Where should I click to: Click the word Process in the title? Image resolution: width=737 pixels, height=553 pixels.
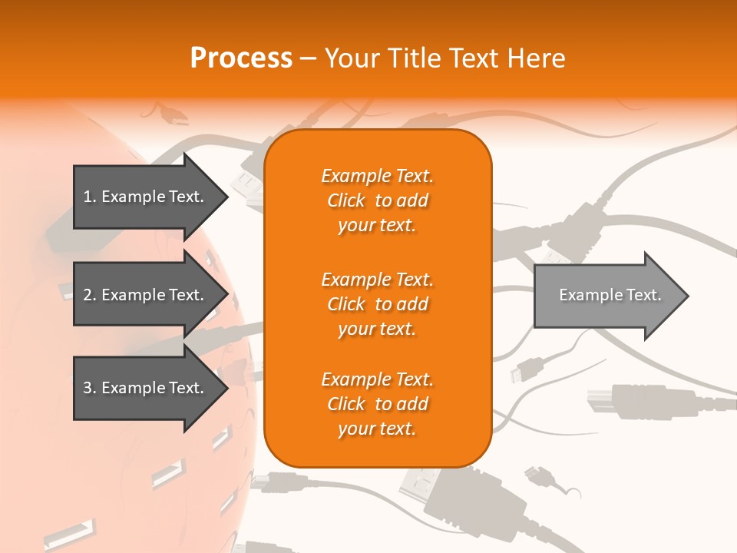(x=241, y=58)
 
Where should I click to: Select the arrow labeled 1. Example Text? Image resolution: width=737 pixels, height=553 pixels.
(x=146, y=197)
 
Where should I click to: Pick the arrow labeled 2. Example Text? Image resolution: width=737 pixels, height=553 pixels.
(x=146, y=295)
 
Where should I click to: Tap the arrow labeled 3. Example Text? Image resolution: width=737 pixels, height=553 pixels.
(x=146, y=388)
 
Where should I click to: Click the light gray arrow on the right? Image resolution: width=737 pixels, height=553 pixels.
(x=606, y=295)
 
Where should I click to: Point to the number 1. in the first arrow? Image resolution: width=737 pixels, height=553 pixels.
(x=90, y=197)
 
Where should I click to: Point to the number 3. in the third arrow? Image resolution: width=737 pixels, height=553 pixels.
(x=90, y=388)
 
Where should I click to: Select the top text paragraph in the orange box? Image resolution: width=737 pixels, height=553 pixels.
(x=377, y=200)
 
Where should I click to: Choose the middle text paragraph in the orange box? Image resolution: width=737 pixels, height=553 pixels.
(x=377, y=304)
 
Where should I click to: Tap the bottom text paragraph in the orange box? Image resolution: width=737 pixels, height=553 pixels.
(x=377, y=404)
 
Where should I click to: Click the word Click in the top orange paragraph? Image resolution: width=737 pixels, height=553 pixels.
(x=346, y=200)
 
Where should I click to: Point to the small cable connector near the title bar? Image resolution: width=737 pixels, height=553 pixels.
(x=172, y=116)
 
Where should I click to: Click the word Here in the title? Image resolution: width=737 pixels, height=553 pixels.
(x=537, y=58)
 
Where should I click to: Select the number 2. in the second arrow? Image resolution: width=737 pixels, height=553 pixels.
(x=90, y=295)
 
